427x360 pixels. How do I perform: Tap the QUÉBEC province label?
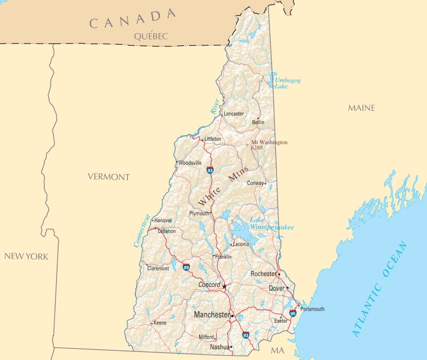(x=151, y=36)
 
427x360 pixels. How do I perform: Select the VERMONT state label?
(x=109, y=177)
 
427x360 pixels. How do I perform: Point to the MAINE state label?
(x=361, y=108)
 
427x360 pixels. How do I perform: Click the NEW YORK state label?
(x=26, y=257)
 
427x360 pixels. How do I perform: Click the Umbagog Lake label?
(x=287, y=83)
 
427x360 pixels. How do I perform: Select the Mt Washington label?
(x=269, y=142)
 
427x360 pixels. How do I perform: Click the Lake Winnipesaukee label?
(x=271, y=224)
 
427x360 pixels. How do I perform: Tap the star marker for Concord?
(x=224, y=286)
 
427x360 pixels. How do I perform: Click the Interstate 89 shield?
(x=186, y=267)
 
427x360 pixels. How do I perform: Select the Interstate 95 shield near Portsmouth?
(x=293, y=313)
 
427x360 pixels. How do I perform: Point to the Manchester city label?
(x=212, y=315)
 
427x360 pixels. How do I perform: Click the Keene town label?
(x=160, y=323)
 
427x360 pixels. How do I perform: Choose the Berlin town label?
(x=258, y=122)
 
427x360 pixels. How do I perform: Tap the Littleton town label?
(x=212, y=139)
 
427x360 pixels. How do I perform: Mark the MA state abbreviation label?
(x=277, y=350)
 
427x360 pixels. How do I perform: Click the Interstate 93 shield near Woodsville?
(x=210, y=170)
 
